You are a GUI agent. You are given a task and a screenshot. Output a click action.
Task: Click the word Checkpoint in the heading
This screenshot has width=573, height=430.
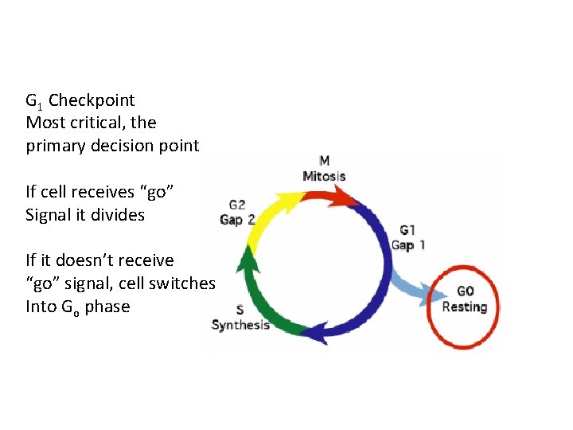point(92,100)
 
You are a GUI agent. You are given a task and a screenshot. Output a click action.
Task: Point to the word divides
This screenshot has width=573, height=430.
point(118,214)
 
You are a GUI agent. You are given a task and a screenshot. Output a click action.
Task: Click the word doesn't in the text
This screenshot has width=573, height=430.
point(76,260)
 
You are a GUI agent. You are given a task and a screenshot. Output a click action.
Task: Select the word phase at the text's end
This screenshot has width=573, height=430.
point(107,307)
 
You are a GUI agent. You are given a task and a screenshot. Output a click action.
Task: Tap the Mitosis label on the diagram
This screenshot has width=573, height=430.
point(324,175)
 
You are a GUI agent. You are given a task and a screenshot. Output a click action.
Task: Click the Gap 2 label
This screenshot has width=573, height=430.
point(237,219)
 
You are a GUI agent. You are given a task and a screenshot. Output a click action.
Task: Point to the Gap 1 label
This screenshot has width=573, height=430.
point(407,244)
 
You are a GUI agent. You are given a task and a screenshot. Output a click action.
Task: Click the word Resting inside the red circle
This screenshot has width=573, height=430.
point(465,307)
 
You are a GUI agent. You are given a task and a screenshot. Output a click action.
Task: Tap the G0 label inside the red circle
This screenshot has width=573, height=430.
point(466,292)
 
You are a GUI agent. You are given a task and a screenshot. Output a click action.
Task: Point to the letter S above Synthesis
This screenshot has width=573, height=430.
point(240,310)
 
